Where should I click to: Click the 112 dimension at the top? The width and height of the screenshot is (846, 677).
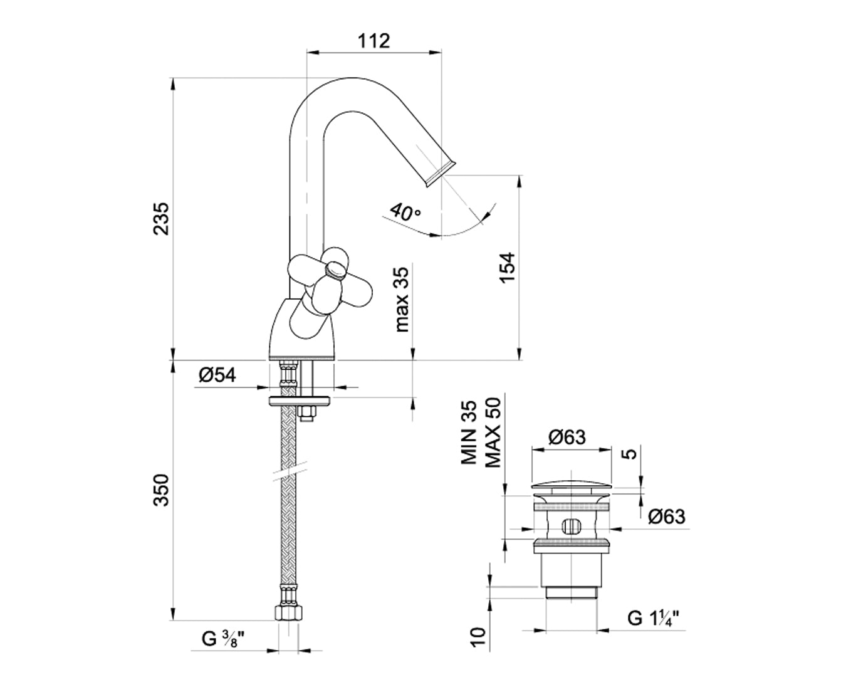(x=375, y=41)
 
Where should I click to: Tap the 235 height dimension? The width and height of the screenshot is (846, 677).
(x=162, y=218)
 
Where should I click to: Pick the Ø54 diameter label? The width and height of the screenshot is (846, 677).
(x=217, y=375)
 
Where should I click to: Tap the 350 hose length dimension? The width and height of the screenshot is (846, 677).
(x=162, y=491)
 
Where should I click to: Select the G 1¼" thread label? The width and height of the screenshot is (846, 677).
(x=654, y=618)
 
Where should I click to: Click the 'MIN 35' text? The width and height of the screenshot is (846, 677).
(x=469, y=433)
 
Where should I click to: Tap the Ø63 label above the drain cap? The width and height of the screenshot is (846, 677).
(x=567, y=436)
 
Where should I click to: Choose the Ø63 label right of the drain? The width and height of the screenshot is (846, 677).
(x=667, y=517)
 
